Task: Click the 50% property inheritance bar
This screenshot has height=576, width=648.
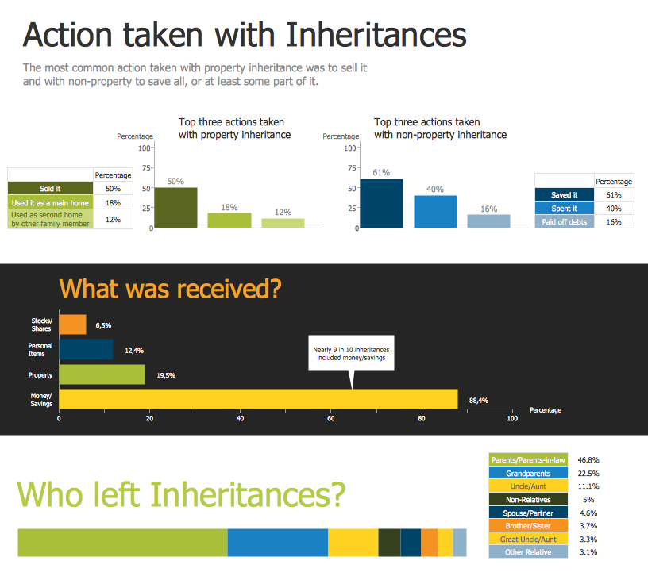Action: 175,208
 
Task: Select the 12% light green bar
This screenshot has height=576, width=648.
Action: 283,223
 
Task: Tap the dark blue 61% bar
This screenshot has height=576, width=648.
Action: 381,204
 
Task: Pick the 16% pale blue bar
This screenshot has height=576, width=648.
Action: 488,221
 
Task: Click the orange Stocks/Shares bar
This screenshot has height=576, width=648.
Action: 72,324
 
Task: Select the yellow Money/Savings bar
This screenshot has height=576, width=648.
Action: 258,399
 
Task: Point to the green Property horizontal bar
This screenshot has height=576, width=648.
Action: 102,374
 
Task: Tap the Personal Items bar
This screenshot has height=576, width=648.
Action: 86,349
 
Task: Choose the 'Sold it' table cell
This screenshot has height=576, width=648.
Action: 50,189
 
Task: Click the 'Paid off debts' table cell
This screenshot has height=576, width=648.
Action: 565,222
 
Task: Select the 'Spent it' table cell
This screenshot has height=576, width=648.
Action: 565,209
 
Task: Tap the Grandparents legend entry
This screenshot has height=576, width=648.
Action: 527,473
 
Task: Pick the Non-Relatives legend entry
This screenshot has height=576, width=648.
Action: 527,500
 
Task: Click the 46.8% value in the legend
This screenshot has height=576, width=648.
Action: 588,459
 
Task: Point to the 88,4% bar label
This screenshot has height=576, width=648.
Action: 478,401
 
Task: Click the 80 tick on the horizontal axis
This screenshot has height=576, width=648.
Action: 422,419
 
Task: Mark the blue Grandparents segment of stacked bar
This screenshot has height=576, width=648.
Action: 278,543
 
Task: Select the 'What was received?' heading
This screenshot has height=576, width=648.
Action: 170,288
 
